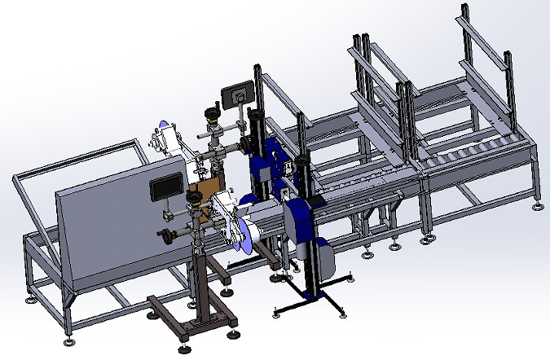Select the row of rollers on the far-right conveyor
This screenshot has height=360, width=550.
473,154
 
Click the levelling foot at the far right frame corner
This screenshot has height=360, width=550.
539,204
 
